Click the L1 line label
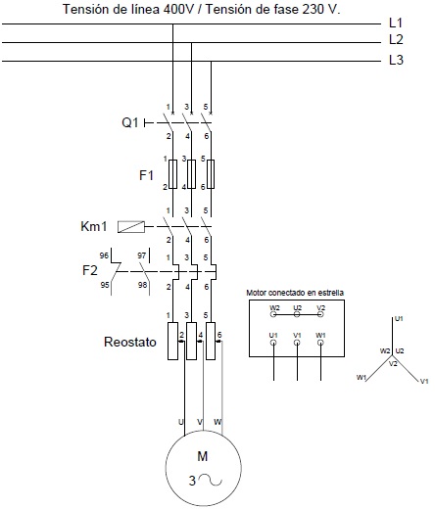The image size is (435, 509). pos(396,23)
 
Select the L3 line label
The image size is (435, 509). pos(396,60)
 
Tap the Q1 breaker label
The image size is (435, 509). pos(130,122)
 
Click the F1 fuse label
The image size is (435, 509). pos(146,175)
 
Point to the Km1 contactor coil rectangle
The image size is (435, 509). pos(131,227)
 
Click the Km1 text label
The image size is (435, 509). pos(94,226)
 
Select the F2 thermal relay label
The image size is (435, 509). pos(90,270)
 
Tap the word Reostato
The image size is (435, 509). pos(130,342)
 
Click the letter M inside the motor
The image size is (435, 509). pos(203,456)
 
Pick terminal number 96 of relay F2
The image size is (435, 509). pos(104,255)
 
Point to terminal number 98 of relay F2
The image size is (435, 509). pos(142,285)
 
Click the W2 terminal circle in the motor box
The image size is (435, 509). pos(273,314)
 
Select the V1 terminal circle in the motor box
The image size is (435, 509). pos(297,343)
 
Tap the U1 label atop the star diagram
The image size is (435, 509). pos(399,319)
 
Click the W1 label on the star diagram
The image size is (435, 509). pos(362,378)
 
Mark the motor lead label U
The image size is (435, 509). pos(180,422)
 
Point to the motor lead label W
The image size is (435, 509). pos(217,422)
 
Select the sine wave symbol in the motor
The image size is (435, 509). pos(211,480)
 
